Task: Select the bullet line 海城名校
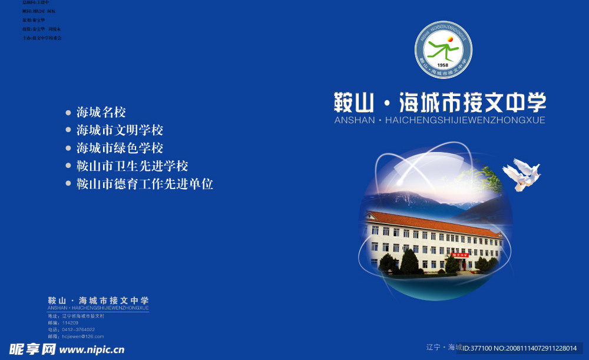(x=101, y=112)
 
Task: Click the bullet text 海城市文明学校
(x=120, y=130)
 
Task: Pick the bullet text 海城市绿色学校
(x=120, y=148)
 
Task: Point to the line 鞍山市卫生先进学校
(x=133, y=166)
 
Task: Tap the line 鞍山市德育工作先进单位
(x=145, y=184)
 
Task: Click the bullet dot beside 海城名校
(x=68, y=112)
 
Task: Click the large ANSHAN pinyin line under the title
(x=439, y=120)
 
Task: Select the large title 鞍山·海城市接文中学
(x=440, y=103)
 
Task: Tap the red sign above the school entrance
(x=459, y=255)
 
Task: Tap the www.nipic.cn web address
(x=92, y=350)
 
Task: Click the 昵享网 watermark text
(x=32, y=349)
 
